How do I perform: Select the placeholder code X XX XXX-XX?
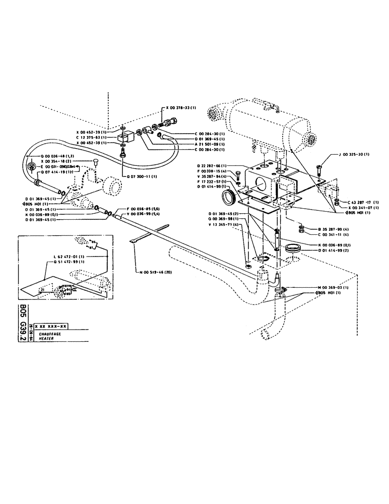tap(52, 327)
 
